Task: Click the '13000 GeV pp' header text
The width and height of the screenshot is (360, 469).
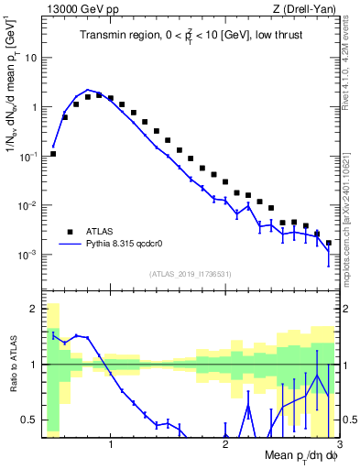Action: tap(80, 9)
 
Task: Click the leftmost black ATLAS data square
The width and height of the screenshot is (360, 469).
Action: tap(53, 154)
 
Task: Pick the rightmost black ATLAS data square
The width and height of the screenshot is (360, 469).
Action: tap(329, 243)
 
